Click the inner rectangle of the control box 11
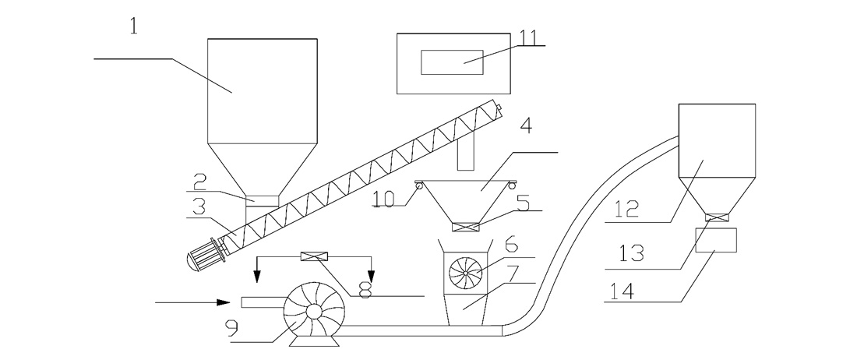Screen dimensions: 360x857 [x=452, y=62]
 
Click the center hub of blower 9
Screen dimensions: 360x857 [x=314, y=311]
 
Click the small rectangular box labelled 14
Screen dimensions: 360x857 [x=716, y=241]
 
